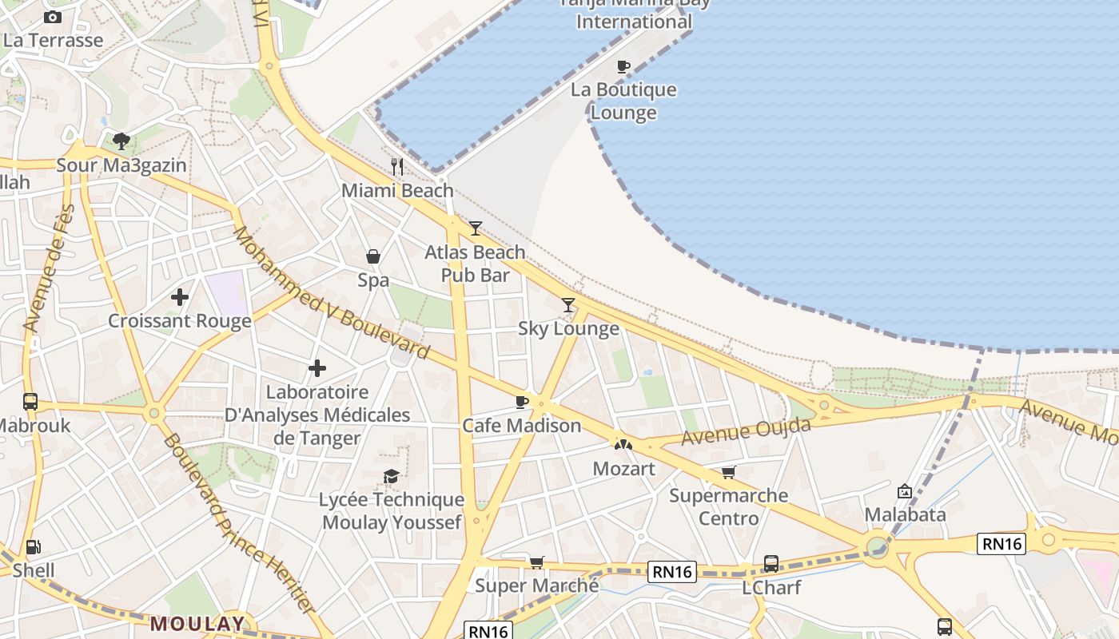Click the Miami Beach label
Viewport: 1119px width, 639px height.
tap(397, 191)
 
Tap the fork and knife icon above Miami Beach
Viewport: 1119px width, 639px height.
tap(397, 166)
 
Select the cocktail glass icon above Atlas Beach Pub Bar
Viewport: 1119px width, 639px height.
tap(476, 228)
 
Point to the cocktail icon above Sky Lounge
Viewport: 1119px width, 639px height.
tap(568, 304)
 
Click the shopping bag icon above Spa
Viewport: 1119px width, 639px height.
tap(373, 256)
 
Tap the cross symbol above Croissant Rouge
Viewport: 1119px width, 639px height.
tap(180, 297)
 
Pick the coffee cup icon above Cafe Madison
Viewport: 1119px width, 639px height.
tap(522, 402)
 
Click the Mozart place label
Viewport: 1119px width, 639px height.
tap(624, 469)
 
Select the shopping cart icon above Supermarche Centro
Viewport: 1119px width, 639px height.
tap(728, 472)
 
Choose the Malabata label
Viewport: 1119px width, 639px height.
tap(906, 514)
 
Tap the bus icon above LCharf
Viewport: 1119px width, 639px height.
tap(771, 563)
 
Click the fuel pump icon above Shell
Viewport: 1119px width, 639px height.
tap(34, 547)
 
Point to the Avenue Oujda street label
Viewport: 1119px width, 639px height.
tap(746, 432)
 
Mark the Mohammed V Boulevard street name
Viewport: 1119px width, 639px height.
tap(331, 293)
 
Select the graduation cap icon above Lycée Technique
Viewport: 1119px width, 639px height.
tap(391, 477)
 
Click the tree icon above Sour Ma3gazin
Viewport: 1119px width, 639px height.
tap(121, 141)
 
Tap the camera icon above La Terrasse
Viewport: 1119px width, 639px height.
tap(53, 17)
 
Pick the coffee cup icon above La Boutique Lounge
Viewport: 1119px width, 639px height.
tap(623, 66)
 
